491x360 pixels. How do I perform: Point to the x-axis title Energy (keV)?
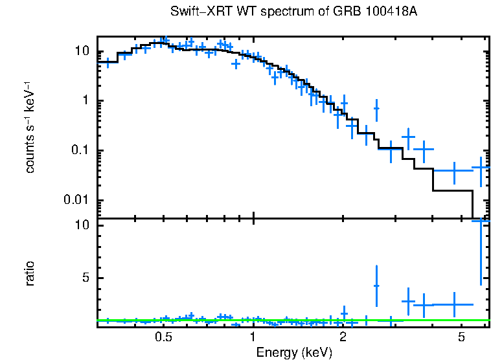294,352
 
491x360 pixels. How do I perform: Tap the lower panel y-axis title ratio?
30,273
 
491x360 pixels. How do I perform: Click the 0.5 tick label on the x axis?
163,337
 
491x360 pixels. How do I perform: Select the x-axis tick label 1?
253,337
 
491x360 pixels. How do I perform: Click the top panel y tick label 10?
82,52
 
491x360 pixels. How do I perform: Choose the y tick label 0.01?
76,200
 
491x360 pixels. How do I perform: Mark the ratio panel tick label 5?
85,278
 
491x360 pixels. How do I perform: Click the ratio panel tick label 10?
82,225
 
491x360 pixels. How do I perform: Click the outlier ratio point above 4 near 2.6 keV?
376,286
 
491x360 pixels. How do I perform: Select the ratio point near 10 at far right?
480,221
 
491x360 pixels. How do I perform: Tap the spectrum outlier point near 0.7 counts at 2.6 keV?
376,108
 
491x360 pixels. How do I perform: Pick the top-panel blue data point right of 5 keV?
480,168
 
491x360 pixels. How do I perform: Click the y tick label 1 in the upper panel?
85,101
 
